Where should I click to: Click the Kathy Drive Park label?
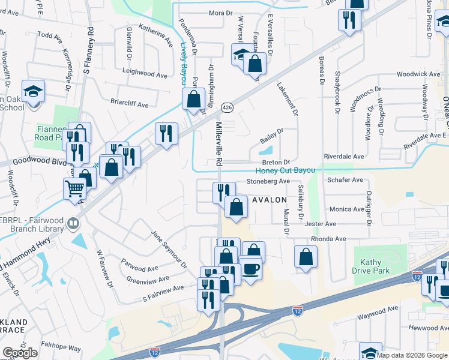(x=375, y=266)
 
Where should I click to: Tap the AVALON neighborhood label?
(x=269, y=199)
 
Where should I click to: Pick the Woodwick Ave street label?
(x=418, y=74)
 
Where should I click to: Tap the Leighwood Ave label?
(x=145, y=75)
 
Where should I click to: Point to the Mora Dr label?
(x=220, y=13)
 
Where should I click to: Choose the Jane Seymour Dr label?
(x=169, y=250)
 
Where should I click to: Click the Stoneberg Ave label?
(x=268, y=181)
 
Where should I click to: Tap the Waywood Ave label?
(x=378, y=310)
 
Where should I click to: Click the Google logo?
(x=20, y=353)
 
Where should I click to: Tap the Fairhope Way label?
(x=61, y=347)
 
